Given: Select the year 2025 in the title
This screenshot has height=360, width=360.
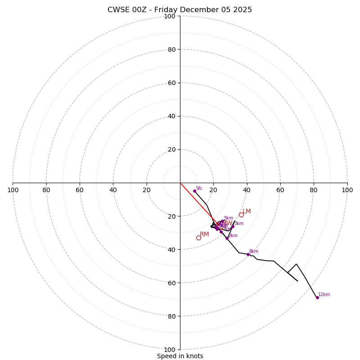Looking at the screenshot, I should [242, 10].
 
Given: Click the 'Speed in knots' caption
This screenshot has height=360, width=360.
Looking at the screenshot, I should [180, 356].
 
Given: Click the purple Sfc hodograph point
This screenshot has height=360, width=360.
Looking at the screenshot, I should [194, 191].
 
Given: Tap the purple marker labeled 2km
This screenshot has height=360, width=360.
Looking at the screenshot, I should [227, 238].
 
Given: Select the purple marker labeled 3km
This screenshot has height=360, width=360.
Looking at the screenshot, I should [233, 226].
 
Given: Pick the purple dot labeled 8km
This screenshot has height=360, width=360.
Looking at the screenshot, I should [248, 254].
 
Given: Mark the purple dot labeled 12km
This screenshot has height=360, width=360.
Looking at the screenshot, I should [317, 297].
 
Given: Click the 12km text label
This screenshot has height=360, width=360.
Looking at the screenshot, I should [324, 295].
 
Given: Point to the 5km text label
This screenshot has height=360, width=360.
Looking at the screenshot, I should [229, 218].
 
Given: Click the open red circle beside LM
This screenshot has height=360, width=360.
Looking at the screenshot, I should [241, 215].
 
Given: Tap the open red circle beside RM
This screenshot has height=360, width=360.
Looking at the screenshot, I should [198, 238].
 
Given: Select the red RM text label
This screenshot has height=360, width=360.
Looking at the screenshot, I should [204, 234].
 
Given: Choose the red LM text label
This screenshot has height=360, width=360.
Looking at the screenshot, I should [247, 211].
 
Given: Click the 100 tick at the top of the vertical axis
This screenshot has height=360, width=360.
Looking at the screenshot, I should [170, 17].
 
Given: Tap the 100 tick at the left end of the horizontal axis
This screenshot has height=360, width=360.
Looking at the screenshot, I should [13, 190].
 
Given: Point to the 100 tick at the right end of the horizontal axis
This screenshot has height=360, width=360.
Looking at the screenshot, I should [347, 190].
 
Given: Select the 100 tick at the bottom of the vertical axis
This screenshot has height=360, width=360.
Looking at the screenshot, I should [170, 350].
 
